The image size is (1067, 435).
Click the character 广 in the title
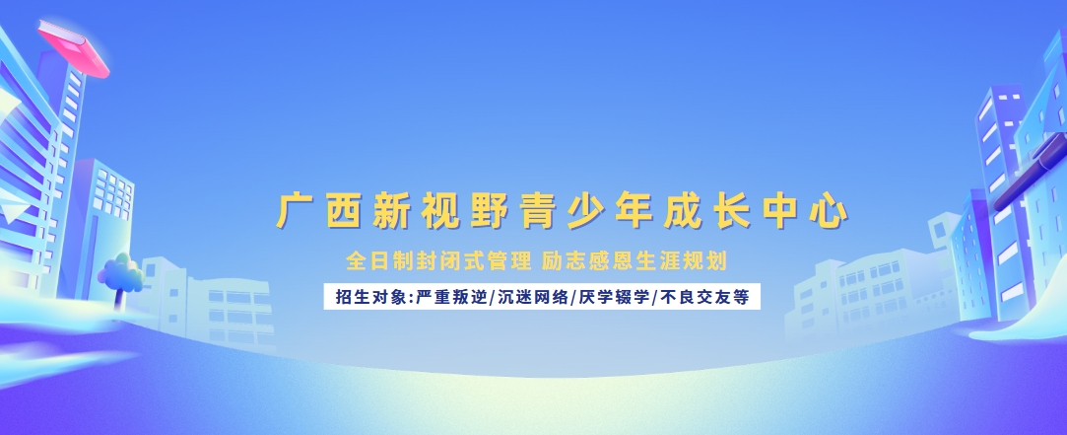[295, 211]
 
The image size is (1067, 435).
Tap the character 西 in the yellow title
[342, 211]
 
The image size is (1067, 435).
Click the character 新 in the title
[388, 211]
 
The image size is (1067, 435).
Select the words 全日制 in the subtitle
[377, 261]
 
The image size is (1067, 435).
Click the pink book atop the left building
[74, 49]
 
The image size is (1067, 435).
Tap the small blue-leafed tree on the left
[120, 272]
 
